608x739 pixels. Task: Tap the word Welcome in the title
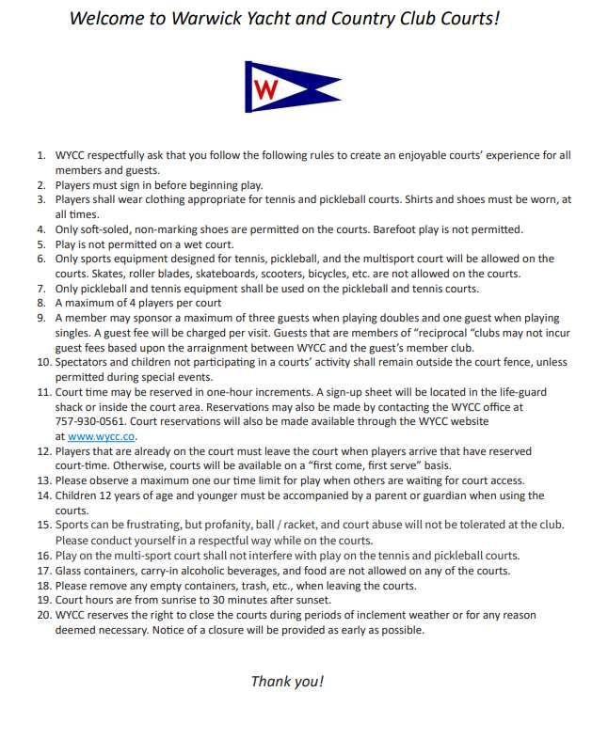(106, 18)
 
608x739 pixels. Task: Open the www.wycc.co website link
(103, 436)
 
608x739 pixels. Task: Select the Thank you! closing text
(286, 682)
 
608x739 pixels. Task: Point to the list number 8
(40, 303)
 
